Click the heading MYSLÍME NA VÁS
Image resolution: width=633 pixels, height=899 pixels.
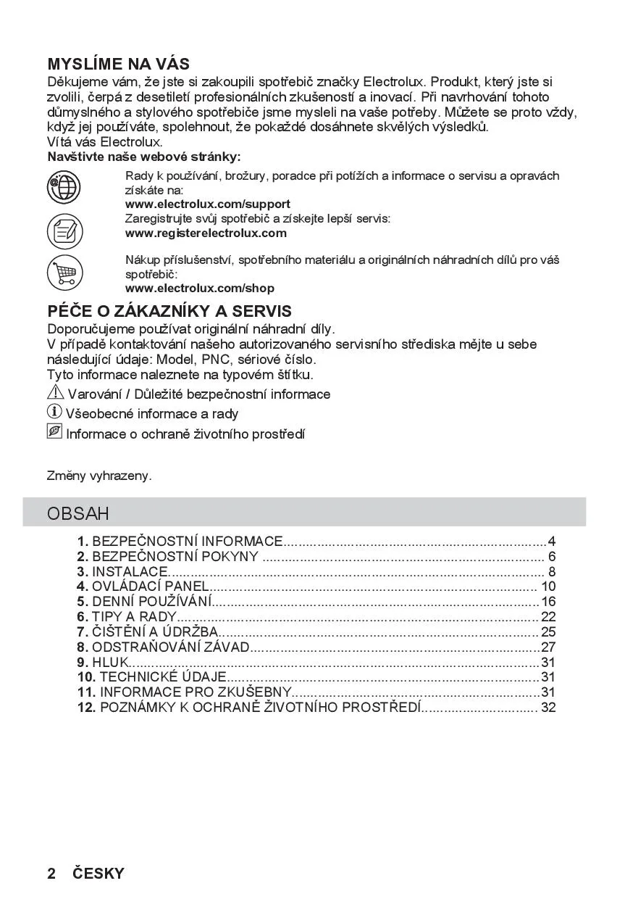coord(118,64)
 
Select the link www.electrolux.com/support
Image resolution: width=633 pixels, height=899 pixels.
coord(208,204)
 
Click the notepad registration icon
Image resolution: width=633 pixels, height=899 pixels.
coord(64,232)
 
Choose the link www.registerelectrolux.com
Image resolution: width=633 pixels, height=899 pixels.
coord(206,233)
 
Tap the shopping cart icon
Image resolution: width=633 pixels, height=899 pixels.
coord(64,273)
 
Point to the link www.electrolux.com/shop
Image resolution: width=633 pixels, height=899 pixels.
coord(200,288)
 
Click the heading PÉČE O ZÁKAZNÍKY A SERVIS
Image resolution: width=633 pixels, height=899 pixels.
coord(169,311)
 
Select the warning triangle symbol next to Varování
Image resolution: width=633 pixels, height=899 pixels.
coord(55,393)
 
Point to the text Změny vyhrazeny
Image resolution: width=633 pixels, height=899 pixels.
coord(99,476)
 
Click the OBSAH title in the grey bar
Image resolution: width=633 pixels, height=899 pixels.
coord(78,514)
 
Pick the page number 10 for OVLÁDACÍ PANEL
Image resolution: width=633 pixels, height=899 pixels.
coord(548,587)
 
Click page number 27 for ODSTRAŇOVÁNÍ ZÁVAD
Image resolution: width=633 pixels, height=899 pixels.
coord(548,647)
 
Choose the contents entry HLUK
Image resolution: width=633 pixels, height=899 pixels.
coord(109,662)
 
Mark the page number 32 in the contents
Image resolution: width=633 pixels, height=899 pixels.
coord(548,707)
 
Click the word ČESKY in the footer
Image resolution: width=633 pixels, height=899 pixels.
coord(98,874)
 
